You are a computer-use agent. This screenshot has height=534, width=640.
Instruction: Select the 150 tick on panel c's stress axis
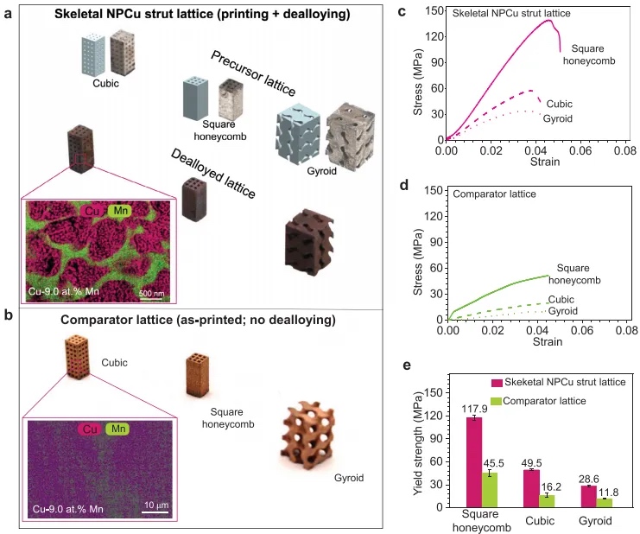coord(434,9)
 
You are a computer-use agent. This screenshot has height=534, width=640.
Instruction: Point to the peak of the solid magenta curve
coord(550,20)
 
